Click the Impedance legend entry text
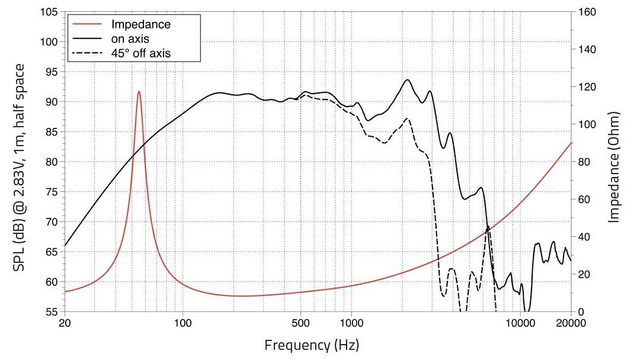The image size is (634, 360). [141, 25]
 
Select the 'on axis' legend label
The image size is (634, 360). [130, 39]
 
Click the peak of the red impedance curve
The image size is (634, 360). [139, 91]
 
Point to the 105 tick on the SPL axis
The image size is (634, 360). [49, 12]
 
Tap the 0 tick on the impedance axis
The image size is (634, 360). [579, 312]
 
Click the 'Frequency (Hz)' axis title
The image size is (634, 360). [312, 345]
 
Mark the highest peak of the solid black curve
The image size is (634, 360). [407, 80]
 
